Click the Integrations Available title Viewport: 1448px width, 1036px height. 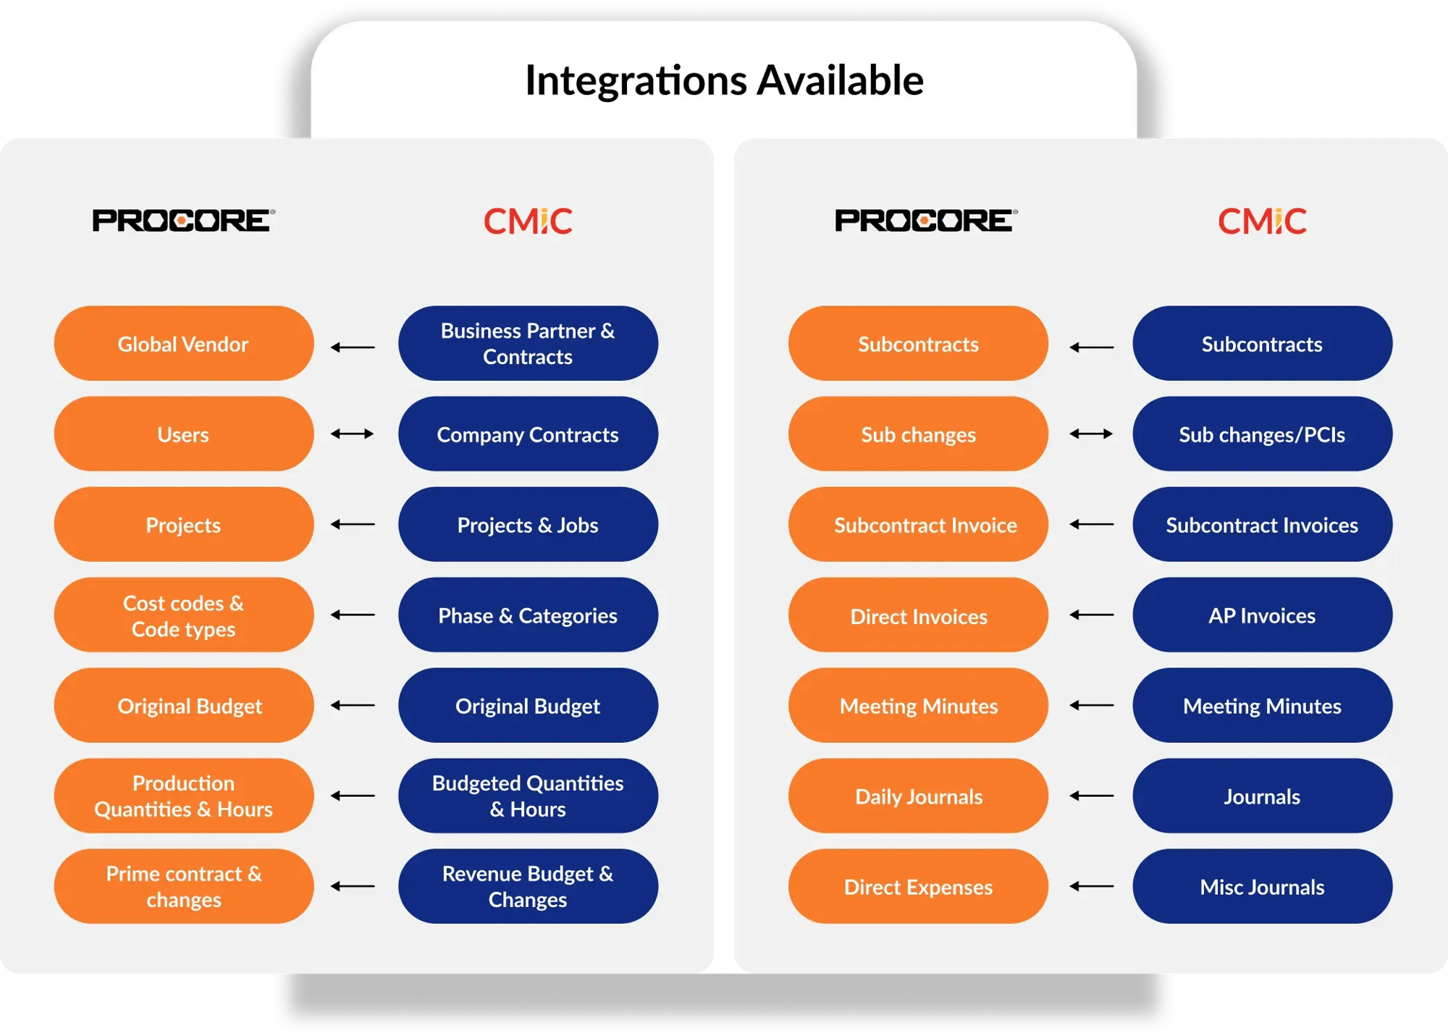[x=724, y=80]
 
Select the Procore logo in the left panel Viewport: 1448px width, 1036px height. [x=184, y=221]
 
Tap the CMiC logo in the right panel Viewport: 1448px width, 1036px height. [x=1262, y=221]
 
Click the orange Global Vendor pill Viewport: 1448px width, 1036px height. [x=184, y=343]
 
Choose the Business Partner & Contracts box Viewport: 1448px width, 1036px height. [x=528, y=343]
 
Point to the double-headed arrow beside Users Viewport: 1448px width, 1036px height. [x=353, y=434]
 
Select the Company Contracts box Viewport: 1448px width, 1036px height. [x=528, y=434]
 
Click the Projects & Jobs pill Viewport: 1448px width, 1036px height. [x=528, y=524]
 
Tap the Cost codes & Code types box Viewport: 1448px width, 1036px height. [x=184, y=615]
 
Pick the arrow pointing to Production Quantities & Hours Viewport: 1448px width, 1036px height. [x=353, y=796]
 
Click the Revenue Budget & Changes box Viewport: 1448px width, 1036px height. [x=528, y=886]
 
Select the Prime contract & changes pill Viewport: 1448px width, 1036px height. [x=184, y=886]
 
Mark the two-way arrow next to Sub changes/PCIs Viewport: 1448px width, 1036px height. [x=1092, y=434]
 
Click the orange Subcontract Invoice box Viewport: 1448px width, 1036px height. [x=918, y=524]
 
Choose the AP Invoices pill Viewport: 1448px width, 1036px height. [x=1262, y=615]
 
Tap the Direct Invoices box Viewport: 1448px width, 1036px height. [x=918, y=615]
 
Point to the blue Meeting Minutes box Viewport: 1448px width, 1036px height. [x=1262, y=705]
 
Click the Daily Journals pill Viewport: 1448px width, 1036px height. [x=918, y=796]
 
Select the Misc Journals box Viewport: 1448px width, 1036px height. [x=1262, y=886]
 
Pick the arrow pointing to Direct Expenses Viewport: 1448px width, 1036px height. [x=1092, y=886]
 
